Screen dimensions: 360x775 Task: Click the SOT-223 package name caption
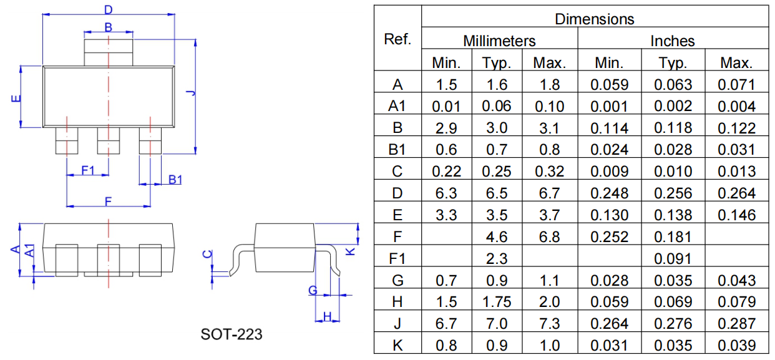click(232, 334)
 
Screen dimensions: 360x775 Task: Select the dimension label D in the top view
click(108, 9)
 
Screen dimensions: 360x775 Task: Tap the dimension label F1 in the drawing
click(87, 170)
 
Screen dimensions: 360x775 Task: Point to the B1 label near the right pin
click(175, 180)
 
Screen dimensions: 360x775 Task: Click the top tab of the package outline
click(109, 49)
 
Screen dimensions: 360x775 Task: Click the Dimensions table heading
click(594, 19)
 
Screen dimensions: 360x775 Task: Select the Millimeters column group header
click(499, 41)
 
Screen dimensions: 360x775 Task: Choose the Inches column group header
click(672, 41)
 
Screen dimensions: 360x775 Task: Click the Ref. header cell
click(397, 39)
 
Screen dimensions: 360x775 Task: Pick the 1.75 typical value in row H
click(496, 302)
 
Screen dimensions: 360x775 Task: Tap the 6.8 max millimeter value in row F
click(549, 237)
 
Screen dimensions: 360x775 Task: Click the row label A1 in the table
click(397, 107)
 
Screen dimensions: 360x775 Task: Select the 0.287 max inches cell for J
click(736, 324)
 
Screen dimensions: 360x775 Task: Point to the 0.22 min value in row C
click(446, 172)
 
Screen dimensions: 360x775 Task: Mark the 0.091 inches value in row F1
click(673, 259)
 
